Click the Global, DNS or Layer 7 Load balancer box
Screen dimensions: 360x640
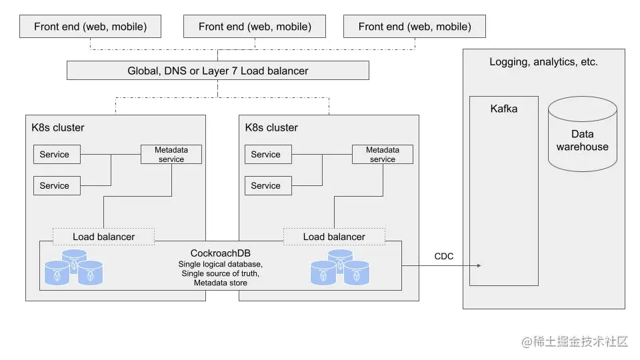218,71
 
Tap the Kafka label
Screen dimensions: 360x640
503,109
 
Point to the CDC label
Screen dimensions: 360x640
444,256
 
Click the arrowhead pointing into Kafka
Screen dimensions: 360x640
478,265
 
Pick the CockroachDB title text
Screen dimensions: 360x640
220,253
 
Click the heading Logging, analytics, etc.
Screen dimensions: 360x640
543,62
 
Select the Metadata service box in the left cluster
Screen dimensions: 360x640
171,155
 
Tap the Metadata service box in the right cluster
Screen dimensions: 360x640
383,155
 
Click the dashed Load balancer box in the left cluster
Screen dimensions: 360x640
103,237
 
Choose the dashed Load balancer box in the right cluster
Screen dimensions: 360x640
334,237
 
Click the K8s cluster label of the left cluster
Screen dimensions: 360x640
58,127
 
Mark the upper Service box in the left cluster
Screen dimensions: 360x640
57,155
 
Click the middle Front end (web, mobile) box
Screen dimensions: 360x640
255,27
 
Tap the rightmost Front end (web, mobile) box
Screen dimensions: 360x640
414,27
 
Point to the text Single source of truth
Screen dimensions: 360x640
220,274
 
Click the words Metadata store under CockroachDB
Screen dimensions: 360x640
220,283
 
